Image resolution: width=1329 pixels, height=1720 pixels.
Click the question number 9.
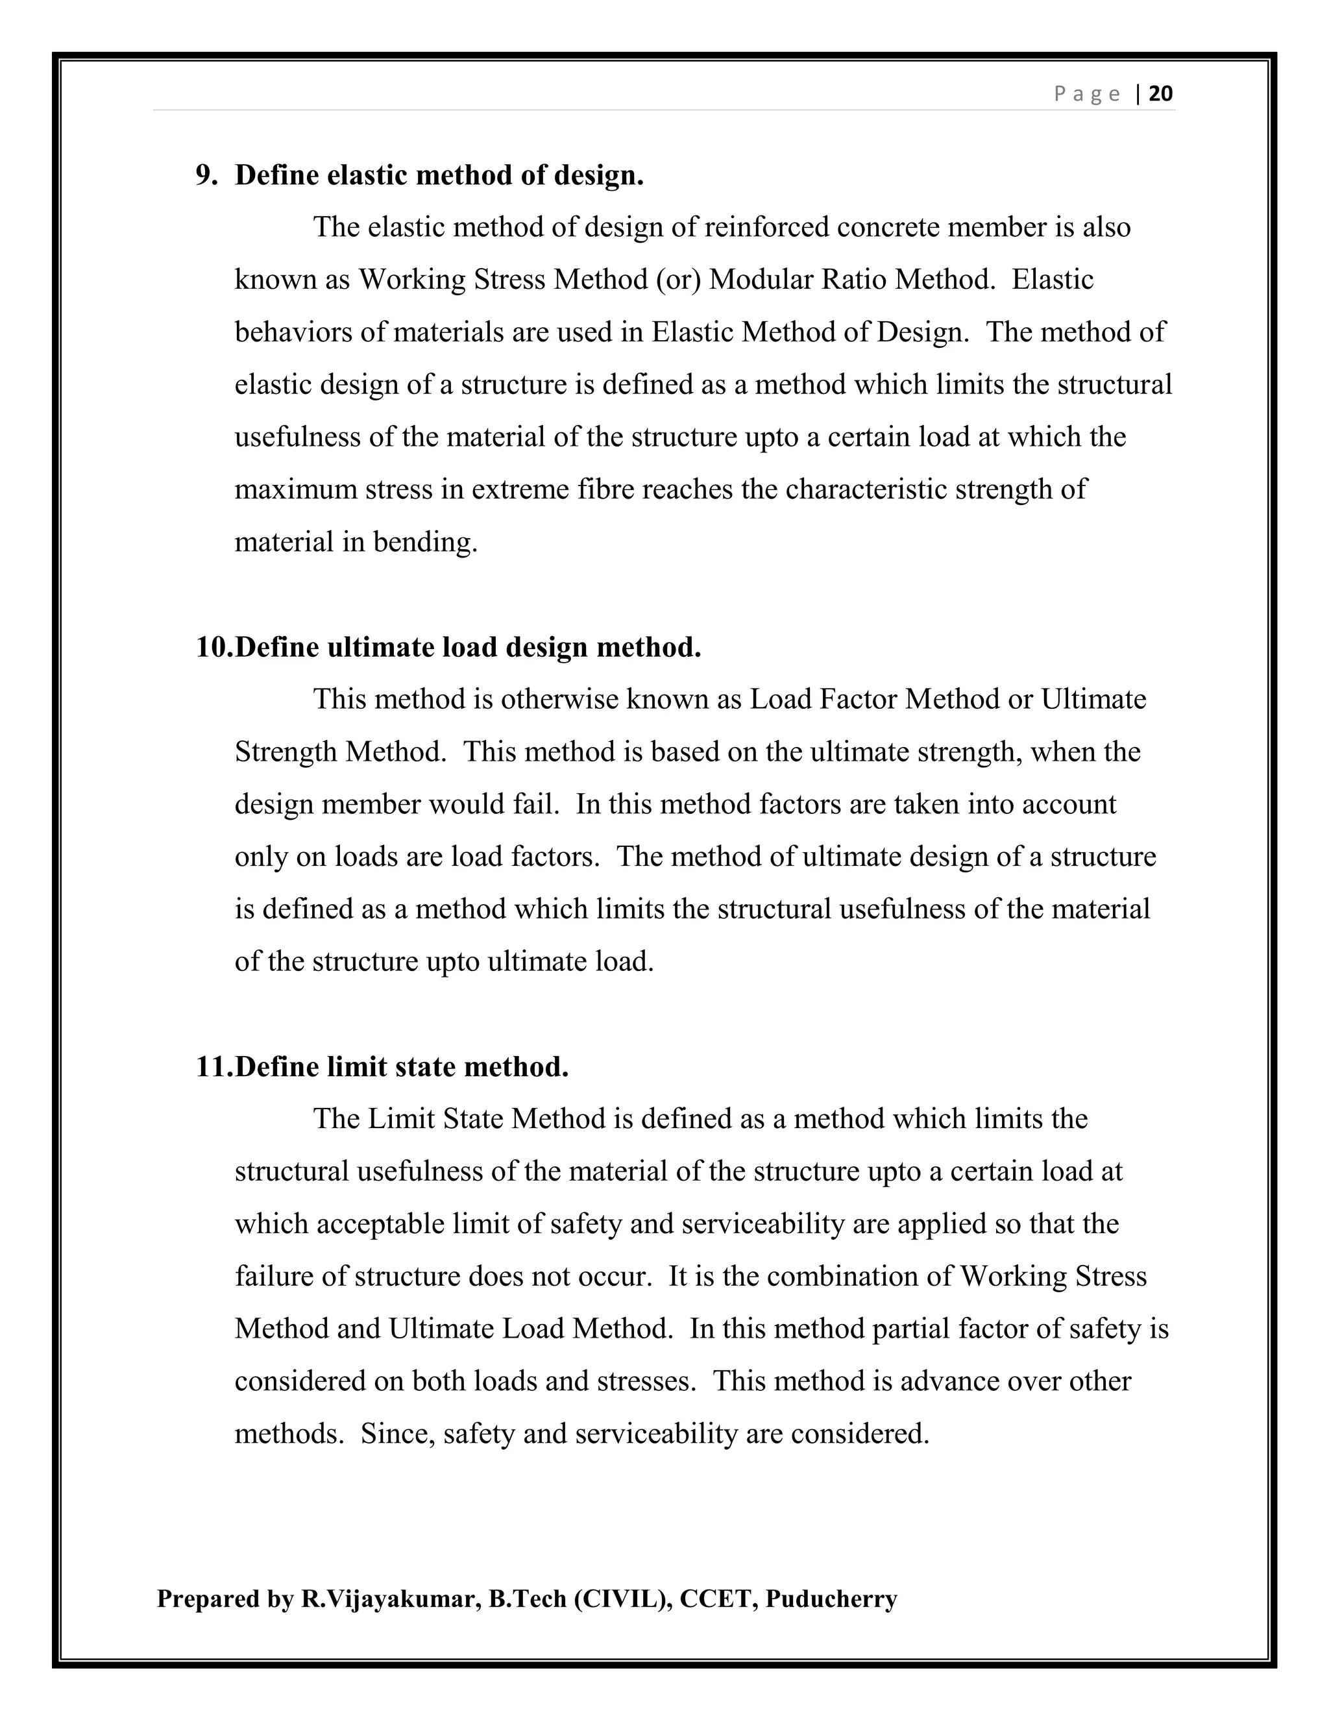[x=206, y=175]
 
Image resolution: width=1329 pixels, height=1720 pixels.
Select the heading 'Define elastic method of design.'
[x=439, y=175]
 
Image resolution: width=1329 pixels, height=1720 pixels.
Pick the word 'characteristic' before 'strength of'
[x=866, y=489]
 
